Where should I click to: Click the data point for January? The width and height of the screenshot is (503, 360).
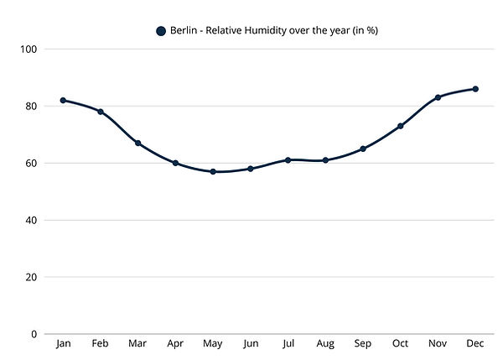click(x=63, y=100)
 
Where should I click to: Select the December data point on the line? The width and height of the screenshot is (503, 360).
click(x=475, y=89)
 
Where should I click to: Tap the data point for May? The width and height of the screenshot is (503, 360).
click(x=213, y=171)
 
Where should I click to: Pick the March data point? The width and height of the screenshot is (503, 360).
click(x=137, y=143)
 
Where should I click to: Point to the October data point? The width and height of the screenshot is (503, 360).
click(x=401, y=126)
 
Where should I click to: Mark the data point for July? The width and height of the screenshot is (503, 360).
click(x=288, y=159)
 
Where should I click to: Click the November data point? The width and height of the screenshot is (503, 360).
click(x=438, y=97)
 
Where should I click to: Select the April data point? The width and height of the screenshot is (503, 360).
click(x=175, y=163)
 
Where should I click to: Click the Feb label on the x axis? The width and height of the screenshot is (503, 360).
click(x=100, y=344)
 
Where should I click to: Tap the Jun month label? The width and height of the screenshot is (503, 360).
click(x=250, y=344)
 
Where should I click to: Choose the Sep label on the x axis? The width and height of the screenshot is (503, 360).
click(x=363, y=344)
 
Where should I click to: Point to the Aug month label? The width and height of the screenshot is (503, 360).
click(x=325, y=344)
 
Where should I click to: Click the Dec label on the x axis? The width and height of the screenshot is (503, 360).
click(x=475, y=344)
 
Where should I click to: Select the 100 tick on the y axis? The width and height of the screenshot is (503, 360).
click(x=29, y=49)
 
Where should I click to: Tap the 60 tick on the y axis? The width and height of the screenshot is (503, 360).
click(x=32, y=163)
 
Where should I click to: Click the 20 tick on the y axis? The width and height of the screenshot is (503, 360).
click(x=32, y=277)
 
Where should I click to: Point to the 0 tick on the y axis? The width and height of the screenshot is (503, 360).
click(x=34, y=334)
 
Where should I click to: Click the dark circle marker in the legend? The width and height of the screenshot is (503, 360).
click(x=161, y=31)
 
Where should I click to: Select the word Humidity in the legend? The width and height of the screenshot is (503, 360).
click(x=267, y=31)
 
